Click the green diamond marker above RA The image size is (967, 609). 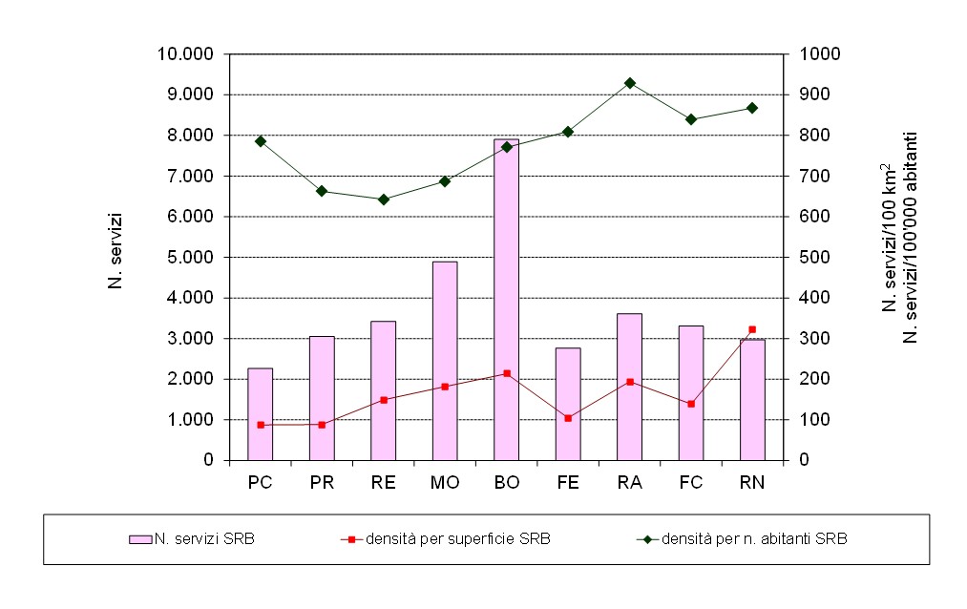[629, 83]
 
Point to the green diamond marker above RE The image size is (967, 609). [384, 199]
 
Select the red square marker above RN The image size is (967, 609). [752, 329]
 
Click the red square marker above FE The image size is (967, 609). [568, 418]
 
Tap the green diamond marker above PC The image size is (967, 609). [260, 141]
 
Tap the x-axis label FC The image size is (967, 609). [691, 483]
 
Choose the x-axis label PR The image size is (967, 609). [322, 483]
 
